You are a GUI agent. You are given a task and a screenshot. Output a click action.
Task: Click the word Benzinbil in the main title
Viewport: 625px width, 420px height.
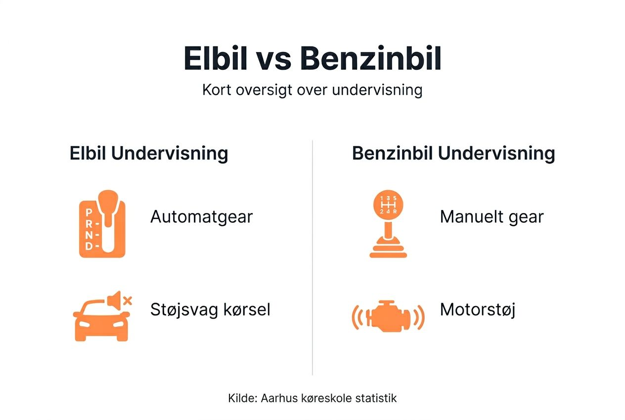pyautogui.click(x=370, y=59)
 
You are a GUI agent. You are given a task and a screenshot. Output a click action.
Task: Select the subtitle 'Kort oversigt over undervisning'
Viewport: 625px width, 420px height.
pyautogui.click(x=312, y=90)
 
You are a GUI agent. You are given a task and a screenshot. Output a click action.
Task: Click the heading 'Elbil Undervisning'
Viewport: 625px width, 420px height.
pyautogui.click(x=149, y=154)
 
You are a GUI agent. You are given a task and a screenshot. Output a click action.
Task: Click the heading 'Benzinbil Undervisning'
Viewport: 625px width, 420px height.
pyautogui.click(x=453, y=154)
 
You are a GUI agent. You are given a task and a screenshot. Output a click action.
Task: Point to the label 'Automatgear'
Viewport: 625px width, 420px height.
pyautogui.click(x=201, y=217)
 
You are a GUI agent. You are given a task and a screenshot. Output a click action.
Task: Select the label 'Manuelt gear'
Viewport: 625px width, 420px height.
pyautogui.click(x=491, y=217)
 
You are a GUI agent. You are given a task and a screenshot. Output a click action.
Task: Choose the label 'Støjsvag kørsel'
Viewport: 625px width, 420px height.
pyautogui.click(x=210, y=310)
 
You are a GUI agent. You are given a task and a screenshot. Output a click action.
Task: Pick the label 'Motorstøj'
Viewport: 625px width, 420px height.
pyautogui.click(x=478, y=310)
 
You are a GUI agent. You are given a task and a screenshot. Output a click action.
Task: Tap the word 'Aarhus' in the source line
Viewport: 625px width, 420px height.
pyautogui.click(x=276, y=398)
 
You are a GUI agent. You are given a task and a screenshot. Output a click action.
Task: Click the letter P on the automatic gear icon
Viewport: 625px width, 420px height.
pyautogui.click(x=89, y=212)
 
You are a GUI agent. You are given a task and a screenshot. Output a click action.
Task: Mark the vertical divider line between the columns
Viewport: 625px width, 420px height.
pyautogui.click(x=312, y=258)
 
